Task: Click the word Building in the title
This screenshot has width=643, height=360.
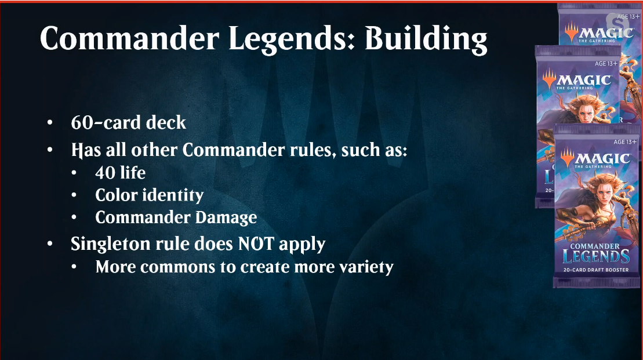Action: [426, 39]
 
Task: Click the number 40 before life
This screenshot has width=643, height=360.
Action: [104, 173]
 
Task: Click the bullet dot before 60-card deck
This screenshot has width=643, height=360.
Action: [50, 122]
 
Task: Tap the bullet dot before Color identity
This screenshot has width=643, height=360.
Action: [74, 195]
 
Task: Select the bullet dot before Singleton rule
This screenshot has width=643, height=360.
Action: [50, 244]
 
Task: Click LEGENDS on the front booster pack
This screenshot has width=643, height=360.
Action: [596, 257]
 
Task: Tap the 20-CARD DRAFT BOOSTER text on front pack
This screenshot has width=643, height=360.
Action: [596, 270]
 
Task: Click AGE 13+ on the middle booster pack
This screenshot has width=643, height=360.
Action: [606, 64]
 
